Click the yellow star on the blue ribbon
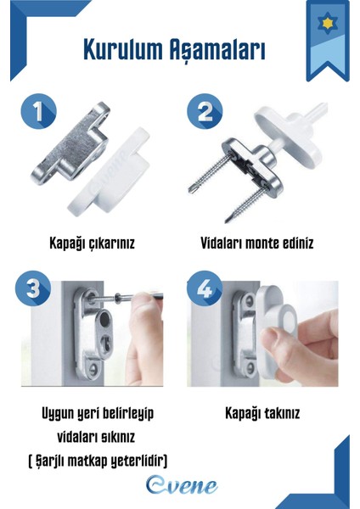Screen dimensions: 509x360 click(x=326, y=21)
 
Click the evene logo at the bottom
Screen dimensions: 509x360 click(x=179, y=485)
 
